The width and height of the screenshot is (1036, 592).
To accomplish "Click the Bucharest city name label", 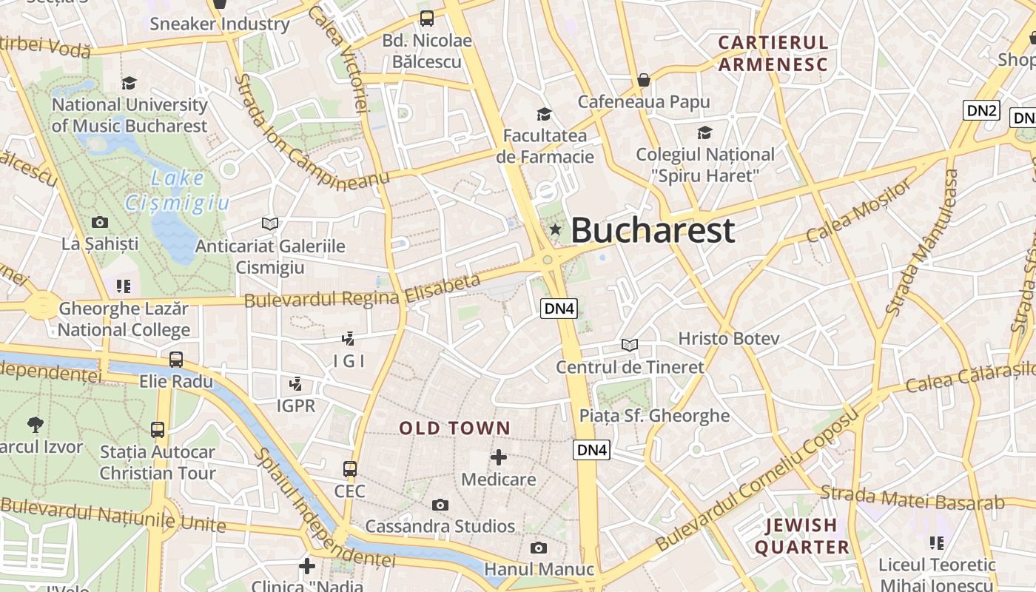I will (653, 230).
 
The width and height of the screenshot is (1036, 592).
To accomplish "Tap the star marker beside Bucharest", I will (555, 230).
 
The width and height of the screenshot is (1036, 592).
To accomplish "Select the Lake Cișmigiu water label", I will (178, 190).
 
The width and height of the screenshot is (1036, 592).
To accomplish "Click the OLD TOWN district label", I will (455, 428).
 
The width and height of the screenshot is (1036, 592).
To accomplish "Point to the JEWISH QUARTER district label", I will (801, 536).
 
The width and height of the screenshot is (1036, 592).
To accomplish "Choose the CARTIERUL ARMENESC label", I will (773, 53).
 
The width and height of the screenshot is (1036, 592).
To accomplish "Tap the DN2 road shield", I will (982, 111).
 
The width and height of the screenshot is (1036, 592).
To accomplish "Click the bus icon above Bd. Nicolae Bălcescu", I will (427, 18).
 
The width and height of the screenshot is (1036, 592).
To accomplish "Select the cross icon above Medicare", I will (499, 457).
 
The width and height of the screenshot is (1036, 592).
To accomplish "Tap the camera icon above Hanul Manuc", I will (539, 548).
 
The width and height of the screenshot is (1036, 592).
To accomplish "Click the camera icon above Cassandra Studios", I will (440, 505).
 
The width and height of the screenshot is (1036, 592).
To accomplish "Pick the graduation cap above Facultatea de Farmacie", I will (544, 114).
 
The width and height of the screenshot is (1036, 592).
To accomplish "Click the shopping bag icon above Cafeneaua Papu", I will (644, 79).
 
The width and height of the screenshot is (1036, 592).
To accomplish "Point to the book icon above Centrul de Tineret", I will (630, 345).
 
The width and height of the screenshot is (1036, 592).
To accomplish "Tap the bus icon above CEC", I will (350, 469).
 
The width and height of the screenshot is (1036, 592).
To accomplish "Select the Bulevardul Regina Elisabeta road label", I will (362, 292).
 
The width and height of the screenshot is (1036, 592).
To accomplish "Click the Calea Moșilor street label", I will (859, 211).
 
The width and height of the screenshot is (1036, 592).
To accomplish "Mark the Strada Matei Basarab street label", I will (912, 497).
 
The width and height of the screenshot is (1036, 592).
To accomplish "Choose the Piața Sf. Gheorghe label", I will (654, 416).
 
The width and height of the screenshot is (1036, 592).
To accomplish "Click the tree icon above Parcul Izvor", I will (35, 424).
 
